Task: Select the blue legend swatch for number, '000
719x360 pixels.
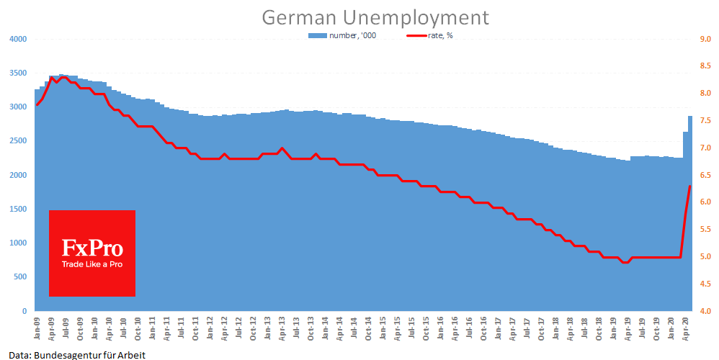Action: tap(317, 35)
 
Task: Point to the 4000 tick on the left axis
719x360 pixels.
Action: tap(18, 39)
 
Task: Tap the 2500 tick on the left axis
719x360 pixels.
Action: tap(18, 141)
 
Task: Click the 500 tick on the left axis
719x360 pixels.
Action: tap(20, 277)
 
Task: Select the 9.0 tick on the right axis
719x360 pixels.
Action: tap(705, 39)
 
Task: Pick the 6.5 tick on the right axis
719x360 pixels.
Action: tap(705, 175)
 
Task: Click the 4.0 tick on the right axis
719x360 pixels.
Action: tap(705, 311)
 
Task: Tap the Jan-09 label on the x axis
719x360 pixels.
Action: tap(37, 328)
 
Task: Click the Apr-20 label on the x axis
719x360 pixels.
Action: tap(685, 328)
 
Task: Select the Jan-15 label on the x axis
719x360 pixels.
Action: tap(383, 328)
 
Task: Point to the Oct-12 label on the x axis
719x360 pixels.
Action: tap(253, 328)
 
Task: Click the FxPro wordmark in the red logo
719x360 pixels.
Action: tap(92, 249)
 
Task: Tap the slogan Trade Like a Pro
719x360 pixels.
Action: tap(92, 264)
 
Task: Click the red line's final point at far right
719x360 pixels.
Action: tap(690, 186)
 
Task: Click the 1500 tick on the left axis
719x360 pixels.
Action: tap(18, 209)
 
